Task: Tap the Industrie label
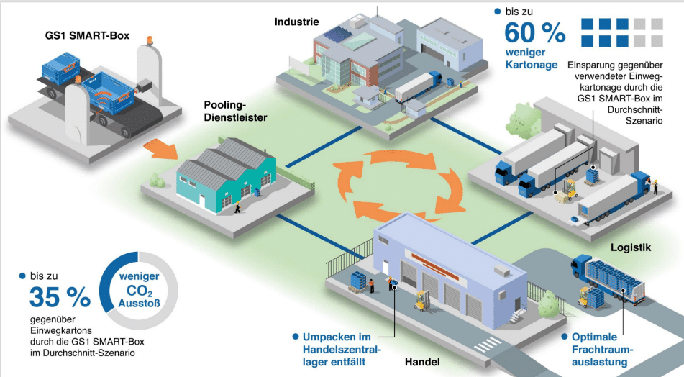pos(296,22)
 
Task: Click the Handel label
pos(420,363)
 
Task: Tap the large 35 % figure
pos(60,296)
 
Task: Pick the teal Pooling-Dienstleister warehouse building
pos(227,176)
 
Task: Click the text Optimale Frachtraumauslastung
pos(599,350)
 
